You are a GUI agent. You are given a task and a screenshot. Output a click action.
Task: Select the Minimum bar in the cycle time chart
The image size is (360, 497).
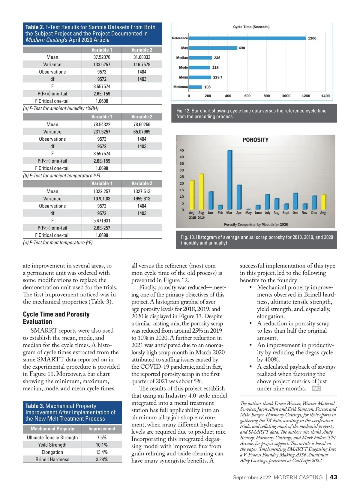[x=195, y=87]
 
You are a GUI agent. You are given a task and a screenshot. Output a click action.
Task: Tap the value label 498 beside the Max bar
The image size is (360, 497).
[x=242, y=48]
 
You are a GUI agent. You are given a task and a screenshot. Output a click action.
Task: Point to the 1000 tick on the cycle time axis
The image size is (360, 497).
[x=286, y=96]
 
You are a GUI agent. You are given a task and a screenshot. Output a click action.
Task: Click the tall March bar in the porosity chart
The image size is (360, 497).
[x=230, y=180]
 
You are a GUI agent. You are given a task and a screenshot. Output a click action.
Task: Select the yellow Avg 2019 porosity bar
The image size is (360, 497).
[x=202, y=192]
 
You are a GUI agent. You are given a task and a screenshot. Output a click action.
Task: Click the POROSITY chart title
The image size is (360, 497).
[x=255, y=140]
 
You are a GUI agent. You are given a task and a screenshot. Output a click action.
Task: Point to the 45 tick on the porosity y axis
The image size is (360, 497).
[x=181, y=151]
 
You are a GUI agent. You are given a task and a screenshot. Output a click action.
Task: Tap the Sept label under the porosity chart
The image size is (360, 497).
[x=286, y=213]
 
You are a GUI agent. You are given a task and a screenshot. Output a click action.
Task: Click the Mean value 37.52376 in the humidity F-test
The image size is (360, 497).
[x=102, y=57]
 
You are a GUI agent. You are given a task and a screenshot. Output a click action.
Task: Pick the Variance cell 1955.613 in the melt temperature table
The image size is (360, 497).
[x=142, y=199]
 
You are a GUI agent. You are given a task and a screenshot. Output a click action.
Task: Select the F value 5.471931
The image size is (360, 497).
[x=102, y=221]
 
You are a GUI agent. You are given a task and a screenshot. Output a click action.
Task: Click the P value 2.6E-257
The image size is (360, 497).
[x=102, y=228]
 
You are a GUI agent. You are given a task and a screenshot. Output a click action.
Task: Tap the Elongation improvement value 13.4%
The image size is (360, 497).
[x=102, y=452]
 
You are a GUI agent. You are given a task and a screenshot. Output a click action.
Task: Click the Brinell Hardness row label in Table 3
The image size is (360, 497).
[x=52, y=460]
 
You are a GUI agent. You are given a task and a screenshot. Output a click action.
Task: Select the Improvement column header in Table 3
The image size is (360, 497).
[x=102, y=429]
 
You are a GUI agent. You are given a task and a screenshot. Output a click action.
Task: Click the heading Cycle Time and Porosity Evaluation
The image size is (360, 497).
[x=56, y=318]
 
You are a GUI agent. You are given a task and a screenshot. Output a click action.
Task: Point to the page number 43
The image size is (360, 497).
[x=333, y=477]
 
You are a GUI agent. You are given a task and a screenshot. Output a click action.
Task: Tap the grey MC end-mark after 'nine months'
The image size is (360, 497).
[x=316, y=389]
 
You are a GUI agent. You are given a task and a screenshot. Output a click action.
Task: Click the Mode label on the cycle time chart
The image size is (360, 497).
[x=183, y=67]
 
